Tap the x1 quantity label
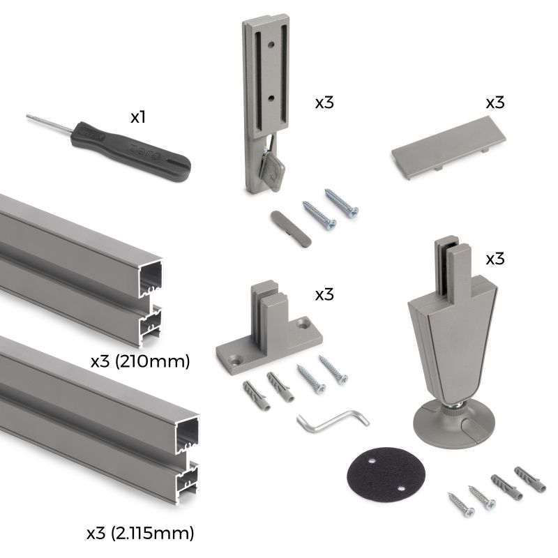tap(138, 117)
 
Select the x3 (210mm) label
tap(141, 362)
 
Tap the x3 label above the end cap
tap(495, 102)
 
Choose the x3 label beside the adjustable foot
tap(495, 259)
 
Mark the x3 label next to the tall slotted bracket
tap(324, 102)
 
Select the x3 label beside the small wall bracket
tap(324, 294)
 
